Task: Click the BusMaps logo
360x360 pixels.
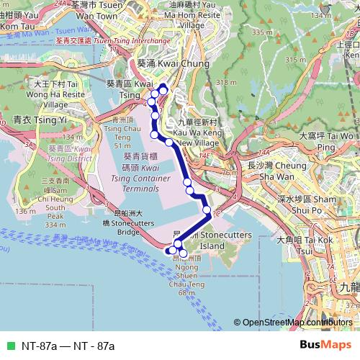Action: [325, 345]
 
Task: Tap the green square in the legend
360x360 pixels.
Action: [9, 346]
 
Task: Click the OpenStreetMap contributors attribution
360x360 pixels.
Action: [296, 323]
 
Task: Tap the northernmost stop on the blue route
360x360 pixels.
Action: [163, 89]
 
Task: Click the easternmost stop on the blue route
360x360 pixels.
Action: [207, 210]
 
